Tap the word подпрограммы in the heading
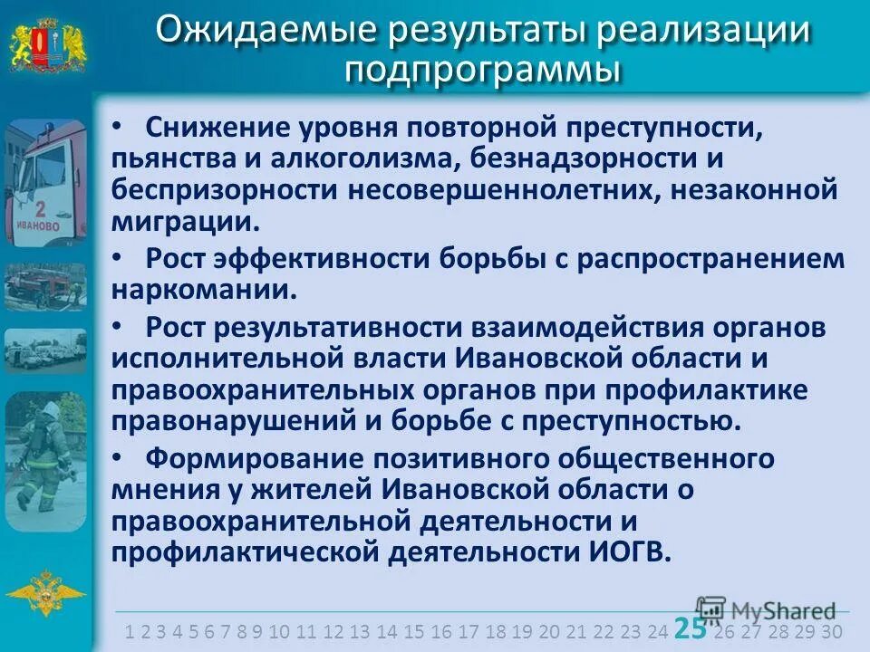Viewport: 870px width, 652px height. [x=483, y=70]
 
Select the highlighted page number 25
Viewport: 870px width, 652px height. [x=689, y=628]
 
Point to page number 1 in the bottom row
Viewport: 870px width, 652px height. [x=130, y=631]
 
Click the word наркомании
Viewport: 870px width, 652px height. [x=203, y=290]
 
